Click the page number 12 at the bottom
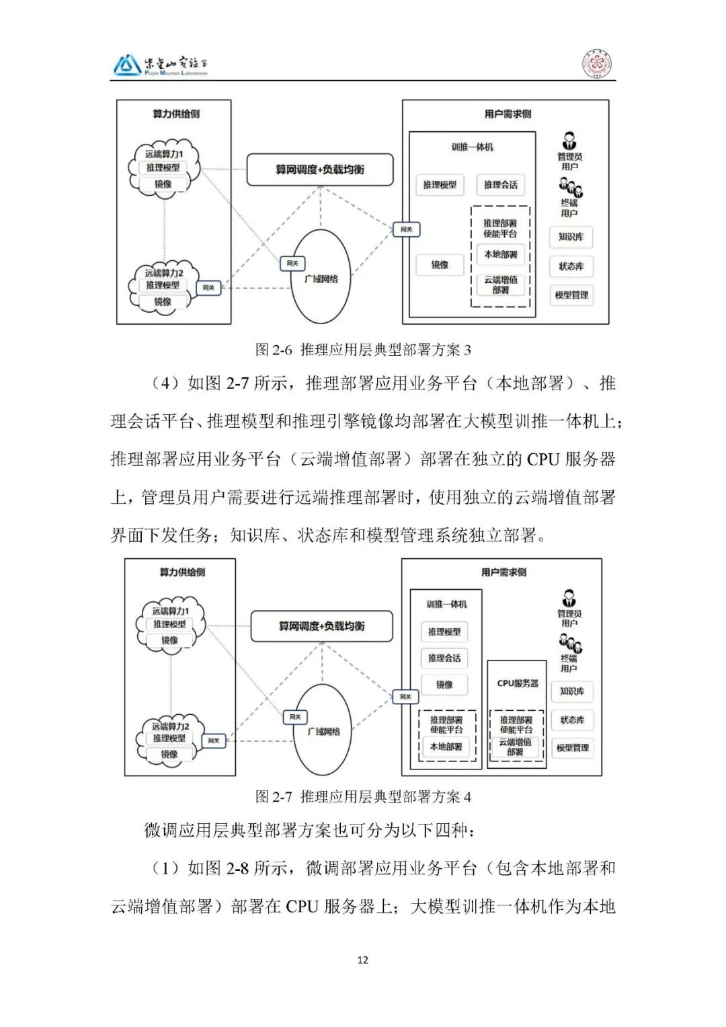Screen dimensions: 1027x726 click(362, 959)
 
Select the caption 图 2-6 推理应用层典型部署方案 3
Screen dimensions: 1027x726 click(363, 350)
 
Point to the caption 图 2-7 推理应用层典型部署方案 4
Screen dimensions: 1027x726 click(363, 797)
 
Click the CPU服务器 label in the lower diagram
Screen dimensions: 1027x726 click(518, 683)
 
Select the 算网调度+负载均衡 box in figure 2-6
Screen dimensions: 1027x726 click(319, 169)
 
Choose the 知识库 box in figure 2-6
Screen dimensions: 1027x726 click(571, 237)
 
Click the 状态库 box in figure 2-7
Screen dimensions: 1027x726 click(572, 720)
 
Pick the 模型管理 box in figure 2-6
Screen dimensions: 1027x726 click(571, 295)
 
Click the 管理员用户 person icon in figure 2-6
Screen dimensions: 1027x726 click(569, 141)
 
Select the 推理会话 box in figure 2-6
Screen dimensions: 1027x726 click(501, 184)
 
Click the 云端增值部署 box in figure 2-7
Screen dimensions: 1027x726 click(515, 747)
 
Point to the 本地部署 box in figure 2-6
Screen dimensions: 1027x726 click(501, 255)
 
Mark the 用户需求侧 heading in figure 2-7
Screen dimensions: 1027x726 click(503, 572)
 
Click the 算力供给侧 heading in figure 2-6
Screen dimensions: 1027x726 click(176, 114)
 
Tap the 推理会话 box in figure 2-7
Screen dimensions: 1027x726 click(444, 658)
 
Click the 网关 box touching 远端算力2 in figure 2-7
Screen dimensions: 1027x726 click(214, 740)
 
